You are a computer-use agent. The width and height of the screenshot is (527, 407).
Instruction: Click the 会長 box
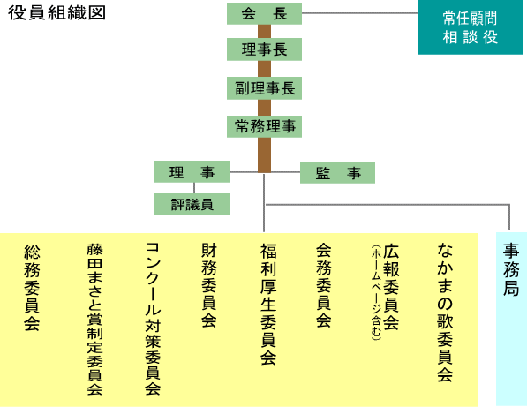pyautogui.click(x=264, y=13)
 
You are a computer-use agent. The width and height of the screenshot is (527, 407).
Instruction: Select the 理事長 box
pyautogui.click(x=264, y=49)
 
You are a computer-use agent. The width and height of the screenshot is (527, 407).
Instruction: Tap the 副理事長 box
pyautogui.click(x=264, y=88)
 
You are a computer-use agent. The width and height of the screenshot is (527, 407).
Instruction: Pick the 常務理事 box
pyautogui.click(x=264, y=126)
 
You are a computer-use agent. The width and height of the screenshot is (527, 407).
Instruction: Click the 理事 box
pyautogui.click(x=192, y=172)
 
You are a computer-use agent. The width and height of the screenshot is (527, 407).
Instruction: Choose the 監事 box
pyautogui.click(x=337, y=172)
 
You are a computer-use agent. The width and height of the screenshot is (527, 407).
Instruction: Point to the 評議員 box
pyautogui.click(x=192, y=204)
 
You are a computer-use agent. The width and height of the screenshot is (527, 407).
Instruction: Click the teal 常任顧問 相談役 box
pyautogui.click(x=470, y=27)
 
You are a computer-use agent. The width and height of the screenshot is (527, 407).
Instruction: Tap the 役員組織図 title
pyautogui.click(x=56, y=13)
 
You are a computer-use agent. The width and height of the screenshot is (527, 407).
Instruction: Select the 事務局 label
pyautogui.click(x=511, y=269)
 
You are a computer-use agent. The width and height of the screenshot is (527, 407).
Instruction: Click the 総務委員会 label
pyautogui.click(x=32, y=288)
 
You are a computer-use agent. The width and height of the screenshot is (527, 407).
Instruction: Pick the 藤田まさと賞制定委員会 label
pyautogui.click(x=94, y=319)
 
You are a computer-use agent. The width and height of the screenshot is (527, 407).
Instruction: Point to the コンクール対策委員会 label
pyautogui.click(x=153, y=319)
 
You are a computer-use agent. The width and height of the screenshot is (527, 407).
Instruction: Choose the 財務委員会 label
pyautogui.click(x=208, y=285)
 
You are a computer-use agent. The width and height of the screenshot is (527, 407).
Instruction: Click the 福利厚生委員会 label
pyautogui.click(x=268, y=305)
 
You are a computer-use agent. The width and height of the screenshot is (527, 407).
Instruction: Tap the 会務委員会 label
pyautogui.click(x=324, y=285)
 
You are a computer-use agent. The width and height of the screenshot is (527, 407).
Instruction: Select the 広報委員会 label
pyautogui.click(x=391, y=287)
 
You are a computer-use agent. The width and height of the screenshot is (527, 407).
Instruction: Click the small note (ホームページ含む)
pyautogui.click(x=376, y=292)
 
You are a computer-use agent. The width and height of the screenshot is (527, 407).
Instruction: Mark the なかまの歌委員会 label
pyautogui.click(x=445, y=313)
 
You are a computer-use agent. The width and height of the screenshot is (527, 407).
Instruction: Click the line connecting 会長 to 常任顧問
pyautogui.click(x=359, y=13)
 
